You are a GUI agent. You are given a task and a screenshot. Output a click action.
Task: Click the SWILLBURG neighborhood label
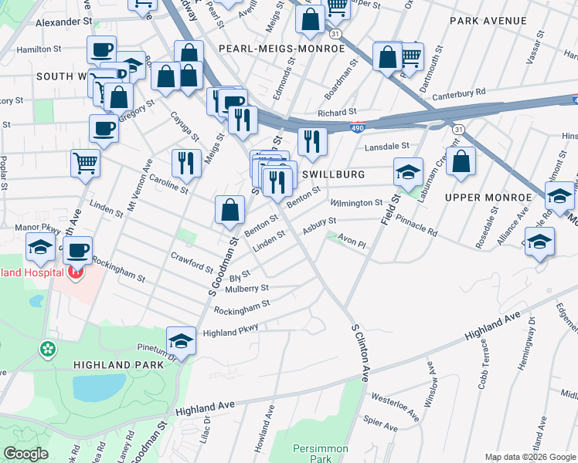coord(333,175)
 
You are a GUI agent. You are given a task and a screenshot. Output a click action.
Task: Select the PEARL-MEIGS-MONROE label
coord(281,48)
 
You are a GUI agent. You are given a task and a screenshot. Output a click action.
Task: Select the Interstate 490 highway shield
coord(357,129)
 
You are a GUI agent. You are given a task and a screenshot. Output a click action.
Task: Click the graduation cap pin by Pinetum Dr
coord(181,340)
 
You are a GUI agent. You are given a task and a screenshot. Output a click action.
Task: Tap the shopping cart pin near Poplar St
coord(85,162)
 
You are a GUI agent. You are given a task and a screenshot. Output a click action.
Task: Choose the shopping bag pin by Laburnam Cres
coord(461,162)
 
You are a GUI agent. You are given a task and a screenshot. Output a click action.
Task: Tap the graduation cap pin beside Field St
coord(408,172)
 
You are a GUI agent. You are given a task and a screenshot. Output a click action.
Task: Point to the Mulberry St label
coord(247,289)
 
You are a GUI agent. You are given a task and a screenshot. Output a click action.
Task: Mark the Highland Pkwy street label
coord(230,331)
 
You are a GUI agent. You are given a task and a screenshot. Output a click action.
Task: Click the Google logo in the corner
coord(25,454)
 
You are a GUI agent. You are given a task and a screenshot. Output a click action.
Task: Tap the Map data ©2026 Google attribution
coord(529,457)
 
